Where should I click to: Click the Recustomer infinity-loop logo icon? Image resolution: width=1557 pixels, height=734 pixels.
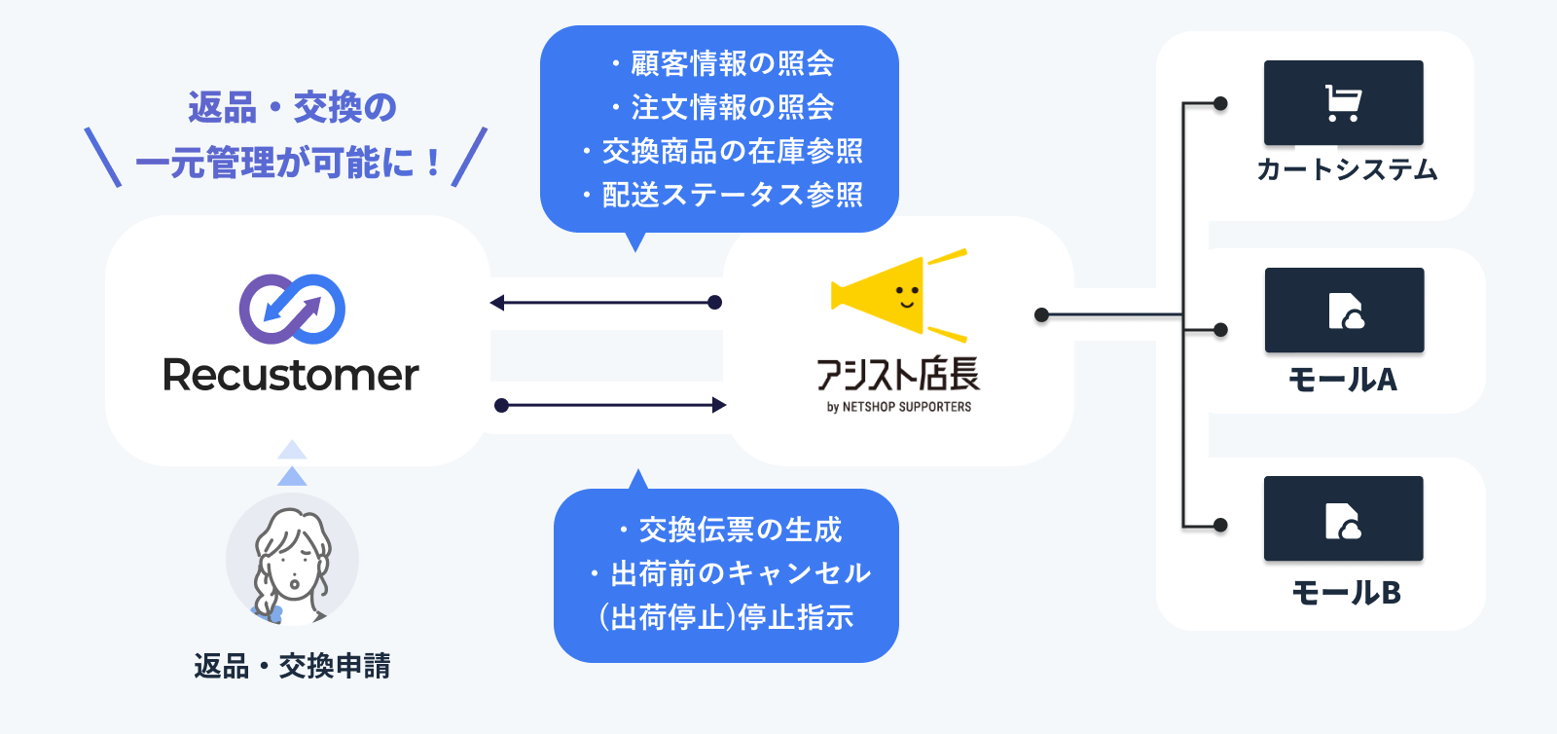(292, 309)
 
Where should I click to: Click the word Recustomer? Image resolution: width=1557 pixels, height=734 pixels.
(291, 375)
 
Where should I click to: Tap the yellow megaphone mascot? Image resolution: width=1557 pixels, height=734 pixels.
(890, 295)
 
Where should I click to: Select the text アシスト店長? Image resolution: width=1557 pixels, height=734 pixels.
(897, 375)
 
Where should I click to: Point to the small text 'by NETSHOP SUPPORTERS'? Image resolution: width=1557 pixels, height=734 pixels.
(899, 407)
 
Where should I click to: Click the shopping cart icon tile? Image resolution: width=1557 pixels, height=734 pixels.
(1343, 103)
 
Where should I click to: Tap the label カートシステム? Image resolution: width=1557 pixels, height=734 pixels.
(1347, 170)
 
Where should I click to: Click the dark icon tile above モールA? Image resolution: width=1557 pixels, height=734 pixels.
(1344, 311)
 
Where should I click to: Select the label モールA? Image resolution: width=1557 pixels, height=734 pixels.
(1343, 379)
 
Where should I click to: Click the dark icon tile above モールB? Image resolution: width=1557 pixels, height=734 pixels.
(1343, 519)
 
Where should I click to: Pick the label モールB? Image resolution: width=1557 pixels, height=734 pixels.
(1346, 592)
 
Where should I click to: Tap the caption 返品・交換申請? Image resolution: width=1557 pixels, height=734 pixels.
(292, 666)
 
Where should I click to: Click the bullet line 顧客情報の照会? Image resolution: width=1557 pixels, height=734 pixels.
(732, 63)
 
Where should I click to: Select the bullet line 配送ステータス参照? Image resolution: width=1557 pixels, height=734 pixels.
(732, 195)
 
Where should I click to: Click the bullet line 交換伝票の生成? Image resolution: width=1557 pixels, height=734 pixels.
(740, 530)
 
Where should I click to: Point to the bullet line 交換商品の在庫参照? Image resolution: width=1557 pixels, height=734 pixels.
(732, 151)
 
